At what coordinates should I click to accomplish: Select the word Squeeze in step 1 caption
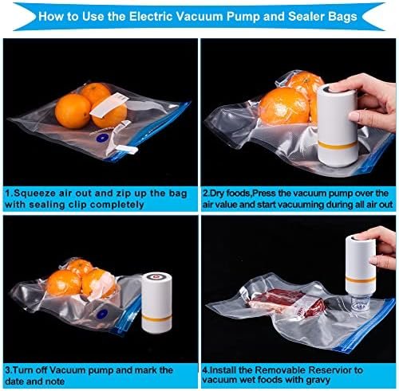pos(41,193)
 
